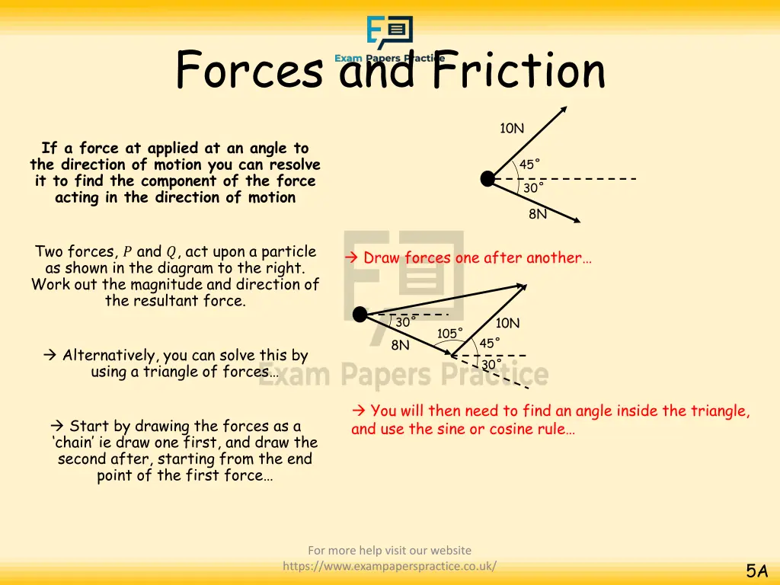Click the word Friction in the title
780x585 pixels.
518,71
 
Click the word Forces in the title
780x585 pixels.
250,71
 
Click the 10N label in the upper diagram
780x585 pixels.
512,128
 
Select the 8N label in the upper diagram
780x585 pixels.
538,214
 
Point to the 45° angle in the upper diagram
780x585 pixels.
529,165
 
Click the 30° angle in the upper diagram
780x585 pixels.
533,187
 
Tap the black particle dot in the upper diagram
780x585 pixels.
487,179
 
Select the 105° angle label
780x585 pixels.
449,333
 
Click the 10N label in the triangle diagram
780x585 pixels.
507,323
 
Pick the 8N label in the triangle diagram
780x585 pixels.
400,345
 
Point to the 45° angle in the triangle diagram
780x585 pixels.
489,343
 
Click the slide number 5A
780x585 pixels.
756,571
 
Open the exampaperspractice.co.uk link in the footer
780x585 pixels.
390,565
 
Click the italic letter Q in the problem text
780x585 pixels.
171,252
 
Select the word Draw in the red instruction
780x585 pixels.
382,258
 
